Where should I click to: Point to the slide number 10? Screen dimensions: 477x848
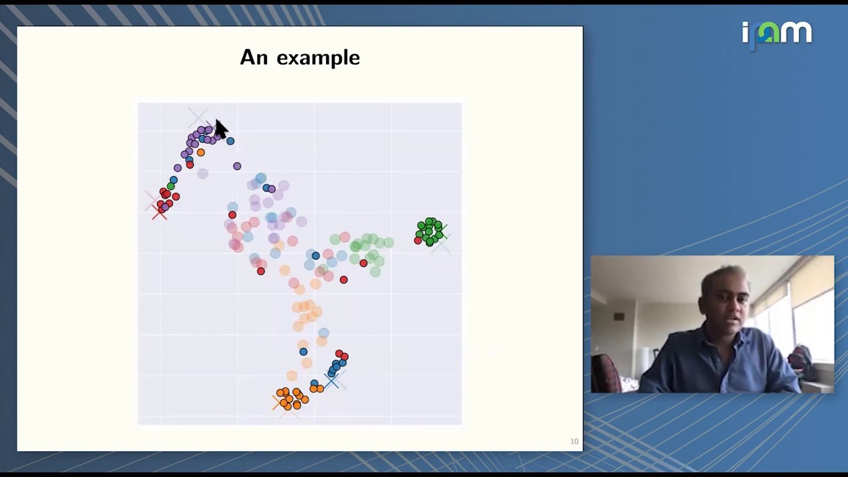tap(574, 441)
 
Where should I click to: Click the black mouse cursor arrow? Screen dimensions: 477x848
tap(221, 128)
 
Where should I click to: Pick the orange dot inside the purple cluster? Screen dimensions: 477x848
tap(201, 152)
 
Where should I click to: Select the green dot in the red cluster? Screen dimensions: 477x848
tap(170, 186)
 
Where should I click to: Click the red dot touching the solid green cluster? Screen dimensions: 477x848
tap(417, 240)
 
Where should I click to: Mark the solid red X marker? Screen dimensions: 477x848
tap(159, 212)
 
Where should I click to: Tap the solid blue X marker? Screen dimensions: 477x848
tap(331, 381)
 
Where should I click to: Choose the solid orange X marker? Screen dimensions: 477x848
tap(278, 401)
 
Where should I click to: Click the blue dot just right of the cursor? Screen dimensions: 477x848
tap(230, 141)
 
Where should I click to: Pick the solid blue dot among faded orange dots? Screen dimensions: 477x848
tap(303, 352)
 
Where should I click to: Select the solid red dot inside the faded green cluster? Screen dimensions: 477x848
tap(363, 264)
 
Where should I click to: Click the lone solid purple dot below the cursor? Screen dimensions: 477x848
tap(237, 166)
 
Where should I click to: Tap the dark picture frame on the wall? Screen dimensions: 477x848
tap(619, 317)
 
